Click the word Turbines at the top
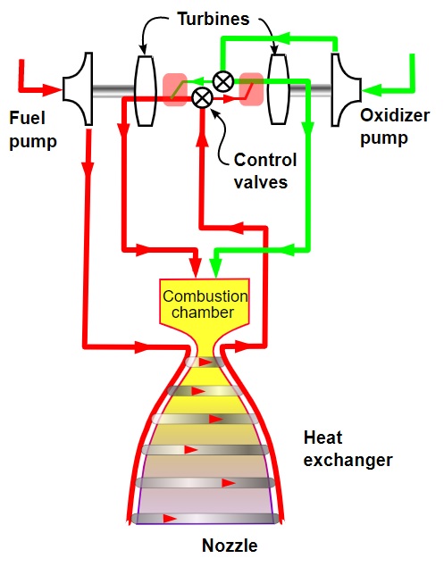click(214, 19)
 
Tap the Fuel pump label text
click(33, 129)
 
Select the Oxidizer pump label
click(395, 127)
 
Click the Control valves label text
click(265, 171)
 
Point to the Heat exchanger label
click(348, 448)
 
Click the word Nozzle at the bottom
click(230, 546)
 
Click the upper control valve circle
click(223, 81)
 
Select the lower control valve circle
click(202, 98)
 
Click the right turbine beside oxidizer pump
click(279, 89)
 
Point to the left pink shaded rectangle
click(175, 89)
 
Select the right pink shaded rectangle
click(251, 89)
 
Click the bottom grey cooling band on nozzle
click(205, 519)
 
